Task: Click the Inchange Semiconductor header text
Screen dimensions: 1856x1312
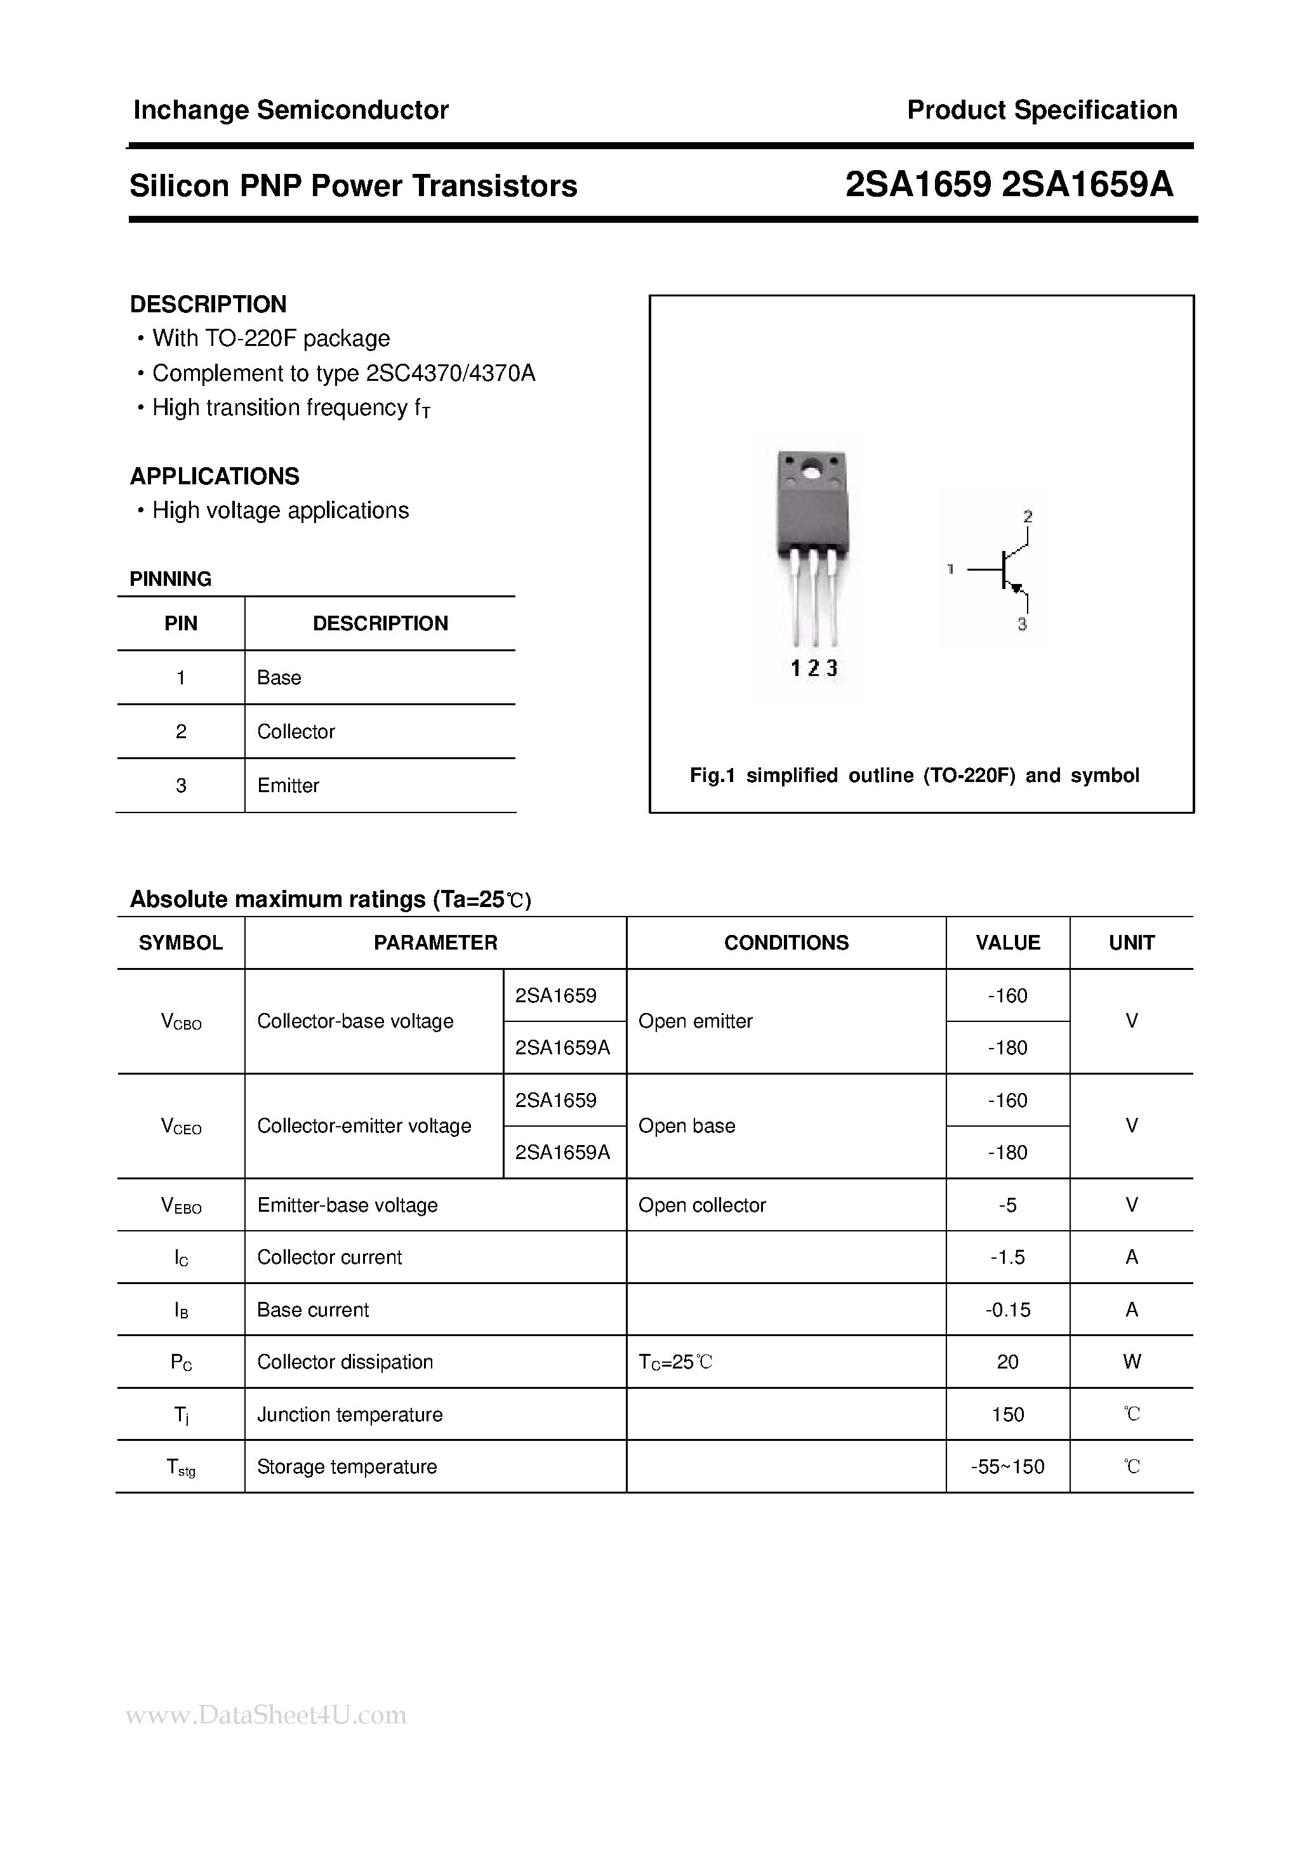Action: click(290, 110)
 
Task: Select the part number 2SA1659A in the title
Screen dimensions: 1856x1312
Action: click(1087, 186)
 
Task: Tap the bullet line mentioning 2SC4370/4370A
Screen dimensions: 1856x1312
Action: click(343, 373)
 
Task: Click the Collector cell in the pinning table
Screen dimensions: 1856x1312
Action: click(296, 732)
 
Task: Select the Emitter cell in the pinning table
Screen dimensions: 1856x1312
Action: click(288, 786)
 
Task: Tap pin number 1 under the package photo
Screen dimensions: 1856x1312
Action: click(795, 668)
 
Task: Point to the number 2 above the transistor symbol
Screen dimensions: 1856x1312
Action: click(1028, 516)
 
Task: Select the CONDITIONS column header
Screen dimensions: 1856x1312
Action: click(786, 943)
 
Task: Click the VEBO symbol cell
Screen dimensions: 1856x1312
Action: click(181, 1206)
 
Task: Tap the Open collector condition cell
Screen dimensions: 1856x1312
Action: click(701, 1205)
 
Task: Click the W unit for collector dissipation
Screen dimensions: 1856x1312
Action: click(1131, 1362)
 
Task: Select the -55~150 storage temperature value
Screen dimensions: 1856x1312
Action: click(1007, 1466)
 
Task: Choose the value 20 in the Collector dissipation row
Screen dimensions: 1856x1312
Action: click(1007, 1362)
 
